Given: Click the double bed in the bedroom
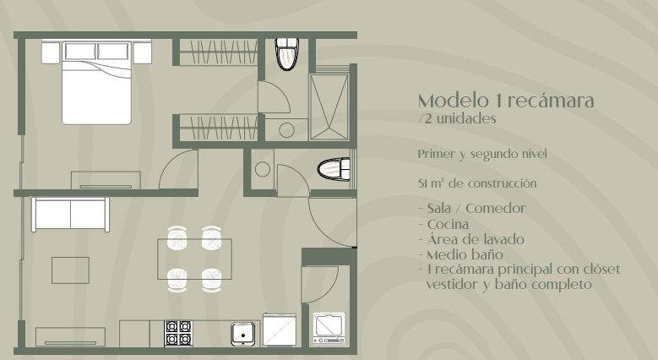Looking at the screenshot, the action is [96, 82].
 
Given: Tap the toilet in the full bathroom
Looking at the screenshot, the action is [287, 54].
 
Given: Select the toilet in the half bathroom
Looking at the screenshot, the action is [334, 169].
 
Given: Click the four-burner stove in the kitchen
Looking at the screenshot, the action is [179, 333].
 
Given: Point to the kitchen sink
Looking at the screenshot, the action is [243, 335].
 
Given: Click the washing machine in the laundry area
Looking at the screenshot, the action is [329, 329].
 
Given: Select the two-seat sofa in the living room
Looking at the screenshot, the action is [70, 215].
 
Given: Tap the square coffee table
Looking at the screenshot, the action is [70, 270].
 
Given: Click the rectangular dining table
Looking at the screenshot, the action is [195, 259].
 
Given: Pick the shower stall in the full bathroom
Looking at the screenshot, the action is [329, 107].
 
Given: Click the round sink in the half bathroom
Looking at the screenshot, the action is [263, 169].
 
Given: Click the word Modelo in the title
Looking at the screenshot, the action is [454, 101].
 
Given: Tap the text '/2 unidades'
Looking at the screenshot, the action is [458, 119].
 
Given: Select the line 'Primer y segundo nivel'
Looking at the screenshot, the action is [482, 154].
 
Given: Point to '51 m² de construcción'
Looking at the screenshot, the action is [477, 183].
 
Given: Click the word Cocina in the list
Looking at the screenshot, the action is [448, 224].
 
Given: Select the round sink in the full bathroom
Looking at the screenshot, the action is [286, 130].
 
